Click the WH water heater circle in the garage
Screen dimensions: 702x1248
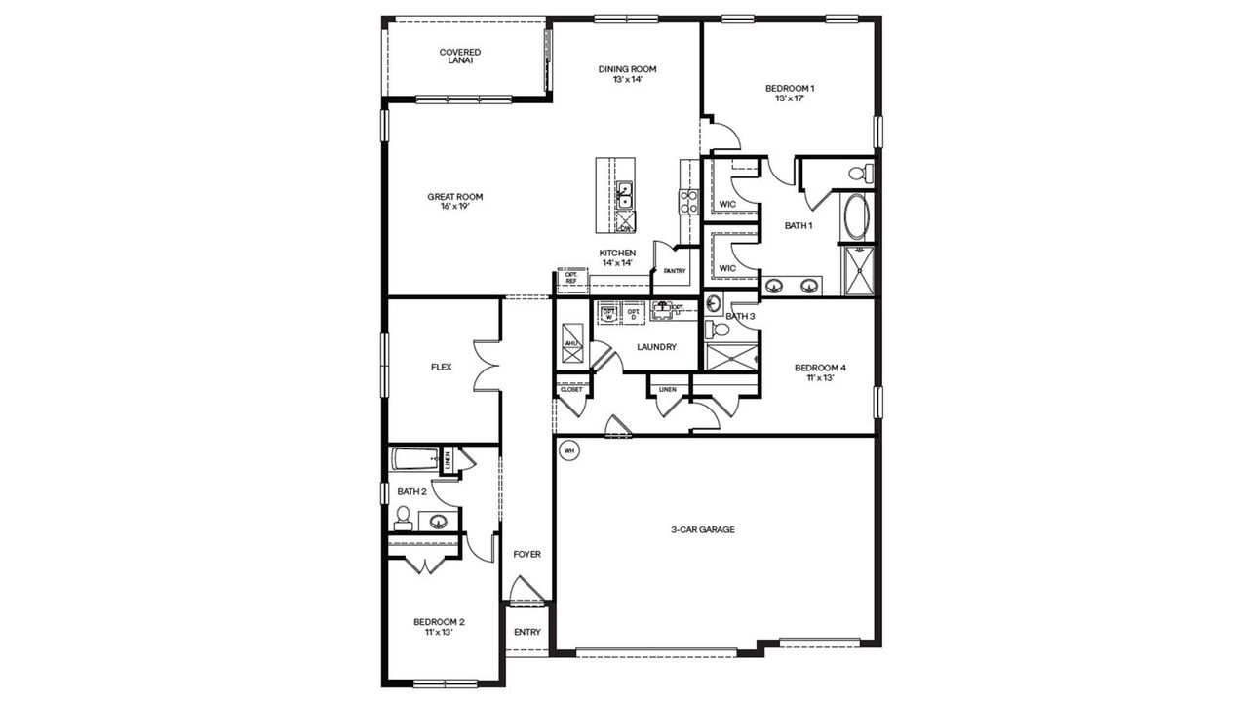[568, 450]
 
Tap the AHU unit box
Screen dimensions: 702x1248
[572, 344]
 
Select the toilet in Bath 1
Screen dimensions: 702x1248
[859, 175]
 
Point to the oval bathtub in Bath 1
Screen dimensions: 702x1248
[858, 218]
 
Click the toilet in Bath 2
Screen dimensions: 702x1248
[403, 517]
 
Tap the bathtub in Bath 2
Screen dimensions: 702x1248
[415, 459]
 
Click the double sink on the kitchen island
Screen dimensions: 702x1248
[624, 195]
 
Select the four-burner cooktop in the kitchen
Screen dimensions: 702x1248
[688, 202]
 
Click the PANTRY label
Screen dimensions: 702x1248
[674, 271]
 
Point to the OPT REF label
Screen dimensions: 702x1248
[571, 279]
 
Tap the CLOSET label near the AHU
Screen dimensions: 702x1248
[571, 389]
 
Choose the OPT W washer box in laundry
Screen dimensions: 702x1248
[609, 313]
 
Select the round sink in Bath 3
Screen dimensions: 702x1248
[714, 301]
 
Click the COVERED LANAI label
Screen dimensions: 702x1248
[459, 57]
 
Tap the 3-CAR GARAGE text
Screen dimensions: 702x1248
[702, 530]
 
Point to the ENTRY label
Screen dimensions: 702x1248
[526, 632]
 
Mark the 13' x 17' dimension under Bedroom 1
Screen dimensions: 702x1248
[789, 99]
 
